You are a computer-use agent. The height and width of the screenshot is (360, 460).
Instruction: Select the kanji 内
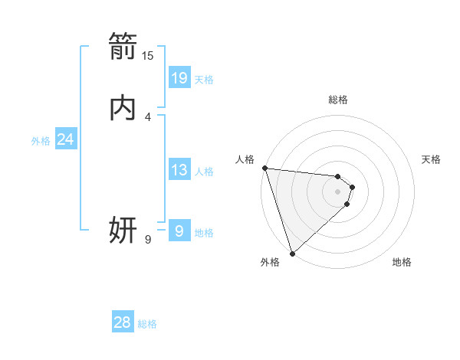coord(123,108)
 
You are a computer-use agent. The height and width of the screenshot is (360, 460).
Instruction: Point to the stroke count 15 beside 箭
coord(148,56)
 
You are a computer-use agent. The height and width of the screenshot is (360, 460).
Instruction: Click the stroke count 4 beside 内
coord(148,116)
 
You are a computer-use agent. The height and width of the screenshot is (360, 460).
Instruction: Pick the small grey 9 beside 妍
coord(148,240)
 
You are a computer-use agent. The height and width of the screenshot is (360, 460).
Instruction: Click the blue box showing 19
coord(179,77)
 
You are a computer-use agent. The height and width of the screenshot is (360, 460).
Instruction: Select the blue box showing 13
coord(179,170)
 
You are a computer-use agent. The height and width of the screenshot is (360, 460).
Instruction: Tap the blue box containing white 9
coord(179,230)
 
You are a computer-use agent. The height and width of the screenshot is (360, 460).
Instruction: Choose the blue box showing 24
coord(66,139)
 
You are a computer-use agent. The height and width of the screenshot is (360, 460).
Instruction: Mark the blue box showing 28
coord(123,322)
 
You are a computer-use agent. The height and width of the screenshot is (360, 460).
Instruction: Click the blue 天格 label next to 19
coord(204,79)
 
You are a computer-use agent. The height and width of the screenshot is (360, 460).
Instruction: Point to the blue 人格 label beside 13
coord(204,172)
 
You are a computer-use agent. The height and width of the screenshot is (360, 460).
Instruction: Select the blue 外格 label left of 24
coord(41,141)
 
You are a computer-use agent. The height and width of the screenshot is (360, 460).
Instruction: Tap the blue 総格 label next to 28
coord(147,324)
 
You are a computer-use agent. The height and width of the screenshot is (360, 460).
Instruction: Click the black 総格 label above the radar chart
coord(338,100)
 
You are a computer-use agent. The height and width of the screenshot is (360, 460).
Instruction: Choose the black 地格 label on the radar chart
coord(402,262)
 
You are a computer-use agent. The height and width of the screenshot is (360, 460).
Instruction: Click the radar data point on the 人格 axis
coord(264,168)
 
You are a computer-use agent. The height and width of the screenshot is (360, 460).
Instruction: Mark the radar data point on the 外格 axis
coord(292,253)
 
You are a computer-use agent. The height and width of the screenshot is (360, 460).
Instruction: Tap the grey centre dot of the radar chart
coord(338,191)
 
